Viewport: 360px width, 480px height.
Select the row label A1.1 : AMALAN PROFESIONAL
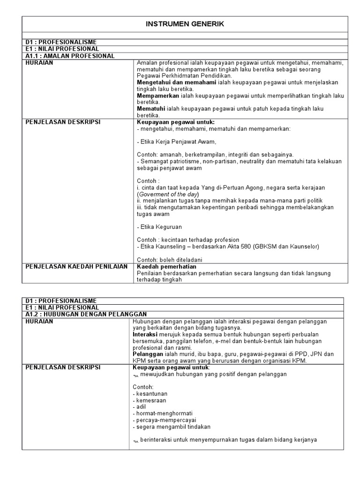pos(70,56)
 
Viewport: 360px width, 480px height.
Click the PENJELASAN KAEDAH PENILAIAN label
pos(76,267)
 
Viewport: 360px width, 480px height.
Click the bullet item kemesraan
pos(150,400)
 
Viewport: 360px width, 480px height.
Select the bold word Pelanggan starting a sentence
pos(147,354)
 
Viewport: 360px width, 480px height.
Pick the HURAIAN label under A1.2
pos(40,321)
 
